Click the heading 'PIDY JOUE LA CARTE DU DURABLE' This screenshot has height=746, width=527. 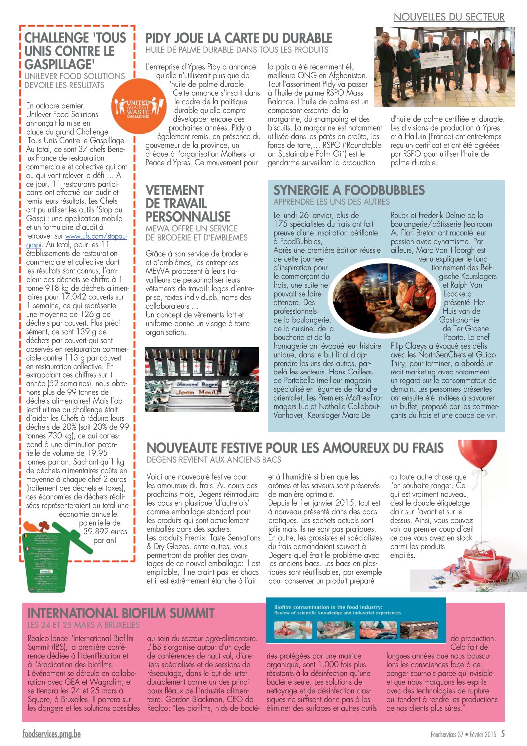(239, 38)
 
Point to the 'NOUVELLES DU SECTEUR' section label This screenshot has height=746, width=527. (448, 17)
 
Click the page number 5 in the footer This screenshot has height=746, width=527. (503, 734)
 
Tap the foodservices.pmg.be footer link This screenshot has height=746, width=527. (51, 734)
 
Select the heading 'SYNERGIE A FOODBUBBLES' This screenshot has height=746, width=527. (349, 190)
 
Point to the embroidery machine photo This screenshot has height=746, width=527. (202, 379)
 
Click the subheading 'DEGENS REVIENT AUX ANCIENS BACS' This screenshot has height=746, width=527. (214, 460)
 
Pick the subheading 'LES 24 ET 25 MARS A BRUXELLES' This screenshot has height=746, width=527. (84, 625)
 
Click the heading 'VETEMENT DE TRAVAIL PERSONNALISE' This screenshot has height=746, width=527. (188, 203)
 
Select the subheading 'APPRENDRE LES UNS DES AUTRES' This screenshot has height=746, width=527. (331, 202)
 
